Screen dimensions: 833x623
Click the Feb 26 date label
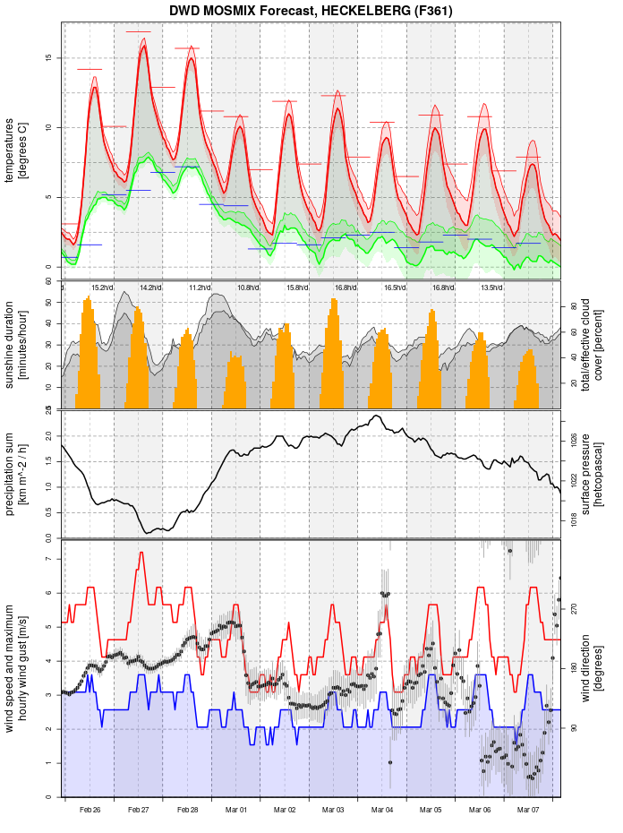90,810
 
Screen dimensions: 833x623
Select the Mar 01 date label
236,810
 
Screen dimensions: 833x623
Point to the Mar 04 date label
383,810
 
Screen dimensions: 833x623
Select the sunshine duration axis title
16,345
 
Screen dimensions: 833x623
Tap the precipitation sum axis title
16,473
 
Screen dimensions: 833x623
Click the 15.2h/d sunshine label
102,288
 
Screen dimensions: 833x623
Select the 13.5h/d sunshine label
491,288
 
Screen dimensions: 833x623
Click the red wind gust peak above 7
141,553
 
